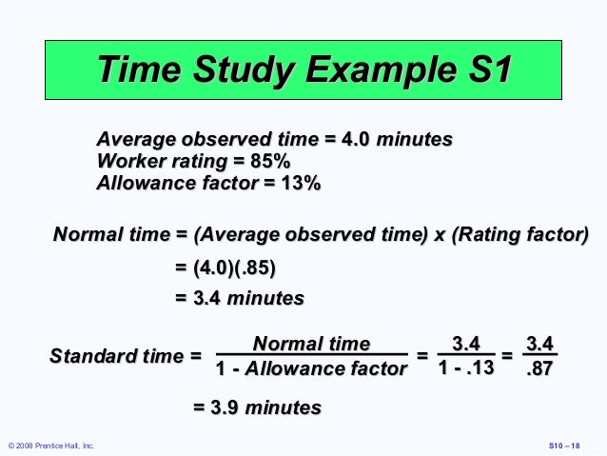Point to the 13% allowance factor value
pos(301,182)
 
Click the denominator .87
pos(540,368)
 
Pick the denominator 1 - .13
pos(466,367)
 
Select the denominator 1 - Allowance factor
pos(311,368)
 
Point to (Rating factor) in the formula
pos(525,234)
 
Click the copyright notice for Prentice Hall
pos(51,446)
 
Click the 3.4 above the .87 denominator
pos(540,343)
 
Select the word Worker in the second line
pos(134,161)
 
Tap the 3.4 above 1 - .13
pos(466,343)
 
